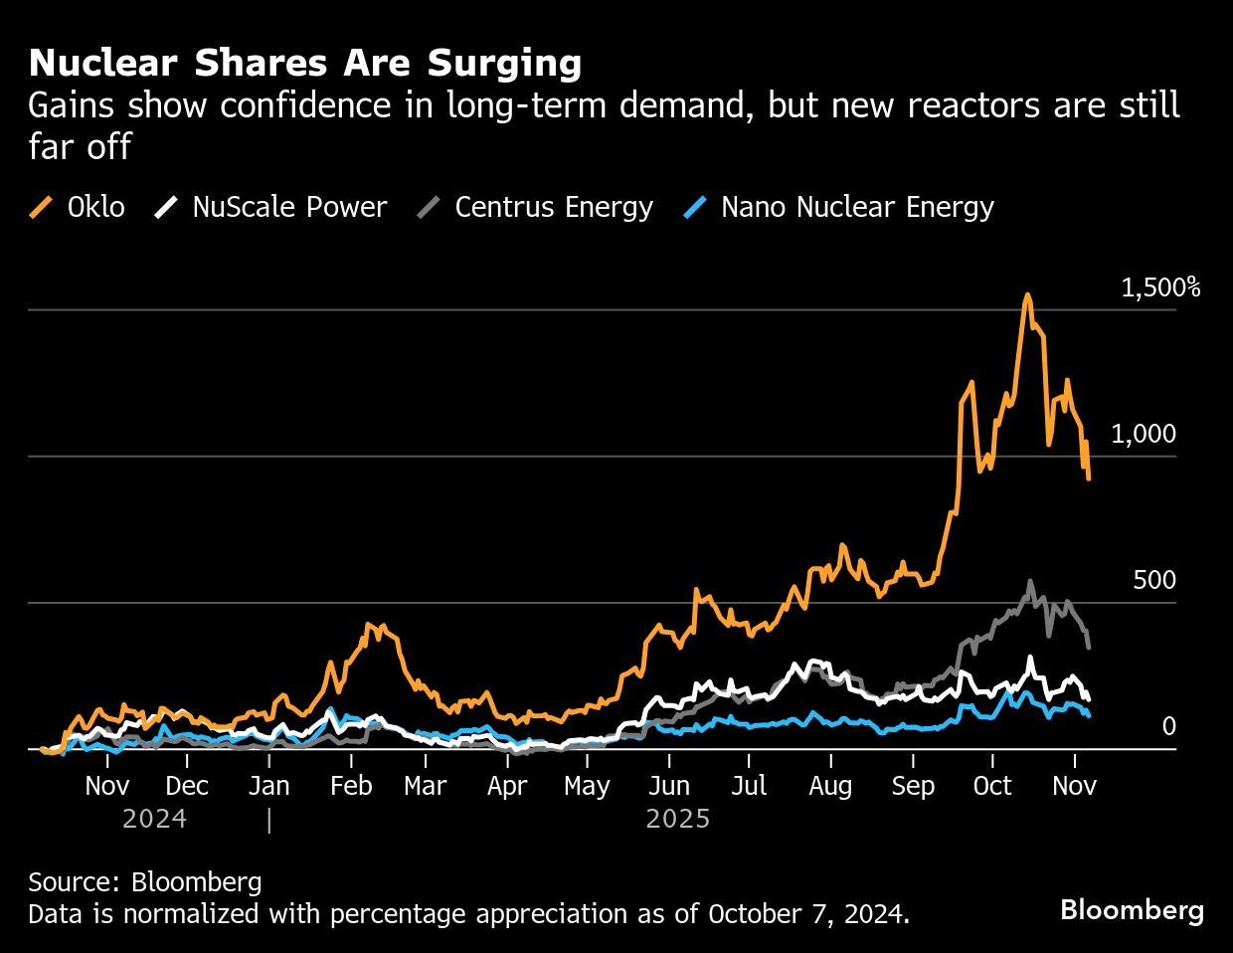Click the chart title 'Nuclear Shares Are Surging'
(x=305, y=63)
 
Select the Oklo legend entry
(x=78, y=207)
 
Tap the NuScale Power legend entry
(x=270, y=207)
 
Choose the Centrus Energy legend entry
(x=535, y=207)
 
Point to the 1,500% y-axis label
(x=1160, y=287)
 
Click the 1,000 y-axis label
(x=1143, y=434)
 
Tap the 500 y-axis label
(x=1153, y=580)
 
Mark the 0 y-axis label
(x=1168, y=726)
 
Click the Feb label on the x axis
(x=351, y=786)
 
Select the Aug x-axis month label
(x=830, y=786)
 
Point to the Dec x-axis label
(x=187, y=786)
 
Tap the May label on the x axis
(x=587, y=786)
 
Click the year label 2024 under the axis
(x=154, y=819)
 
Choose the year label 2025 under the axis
(x=678, y=819)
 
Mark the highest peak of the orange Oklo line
(x=1027, y=295)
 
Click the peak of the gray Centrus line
(x=1030, y=582)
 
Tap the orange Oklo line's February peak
(x=369, y=625)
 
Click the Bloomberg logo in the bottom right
(x=1132, y=910)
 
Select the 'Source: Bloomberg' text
(x=145, y=881)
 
